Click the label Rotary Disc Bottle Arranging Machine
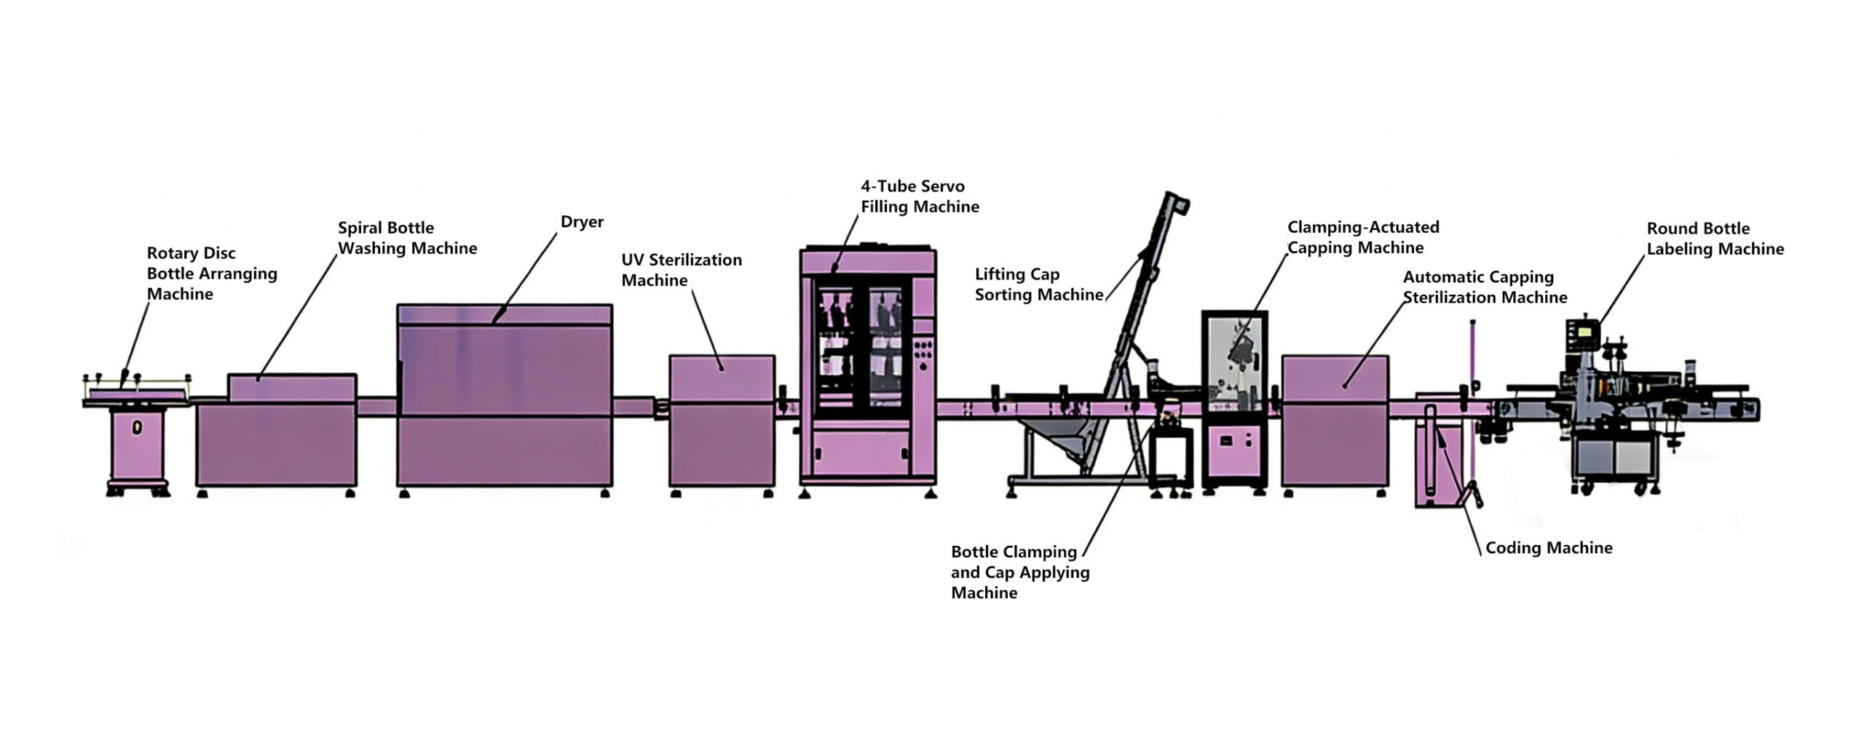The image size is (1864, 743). (211, 274)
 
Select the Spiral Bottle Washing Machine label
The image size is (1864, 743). (407, 238)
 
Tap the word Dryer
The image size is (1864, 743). (582, 222)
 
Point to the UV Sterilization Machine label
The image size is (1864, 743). (681, 270)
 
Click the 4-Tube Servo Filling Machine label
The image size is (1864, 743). (920, 196)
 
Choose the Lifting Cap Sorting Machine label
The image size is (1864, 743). (1038, 285)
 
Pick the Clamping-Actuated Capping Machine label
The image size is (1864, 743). (1362, 237)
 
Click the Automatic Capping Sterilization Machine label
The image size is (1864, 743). (1485, 287)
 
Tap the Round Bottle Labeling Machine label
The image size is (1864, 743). (1715, 239)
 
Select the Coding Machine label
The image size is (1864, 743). (1549, 548)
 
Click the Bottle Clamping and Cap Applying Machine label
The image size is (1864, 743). (1019, 572)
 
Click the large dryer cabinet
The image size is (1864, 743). (504, 397)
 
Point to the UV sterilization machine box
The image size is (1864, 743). (722, 421)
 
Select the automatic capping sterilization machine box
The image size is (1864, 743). (1335, 421)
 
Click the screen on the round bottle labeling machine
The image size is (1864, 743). (1581, 330)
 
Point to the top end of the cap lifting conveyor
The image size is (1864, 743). (1176, 199)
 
